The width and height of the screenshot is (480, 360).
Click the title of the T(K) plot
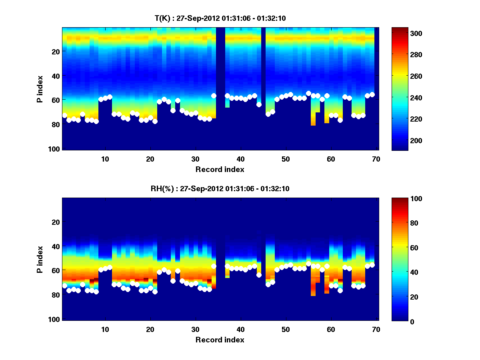220,18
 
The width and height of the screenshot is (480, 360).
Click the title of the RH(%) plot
220,189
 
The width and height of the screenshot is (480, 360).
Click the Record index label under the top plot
220,169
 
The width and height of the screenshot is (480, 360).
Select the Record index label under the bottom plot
220,340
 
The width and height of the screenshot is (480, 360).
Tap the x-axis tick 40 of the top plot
240,158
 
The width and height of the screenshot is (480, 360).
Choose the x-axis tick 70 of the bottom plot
376,329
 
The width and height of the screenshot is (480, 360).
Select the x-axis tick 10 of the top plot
105,158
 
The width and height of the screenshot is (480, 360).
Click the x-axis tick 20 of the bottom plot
150,329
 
